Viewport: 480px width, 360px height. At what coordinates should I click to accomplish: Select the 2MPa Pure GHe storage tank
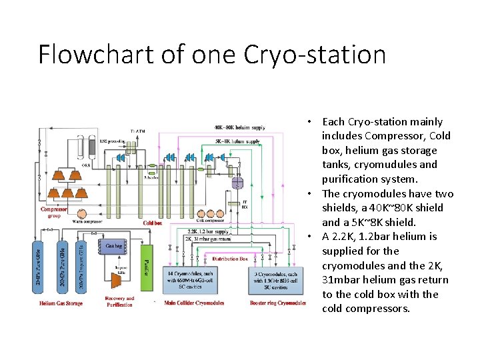point(37,271)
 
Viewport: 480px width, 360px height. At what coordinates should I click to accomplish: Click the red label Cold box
point(152,223)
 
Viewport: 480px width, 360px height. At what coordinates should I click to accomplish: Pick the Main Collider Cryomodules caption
point(194,303)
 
